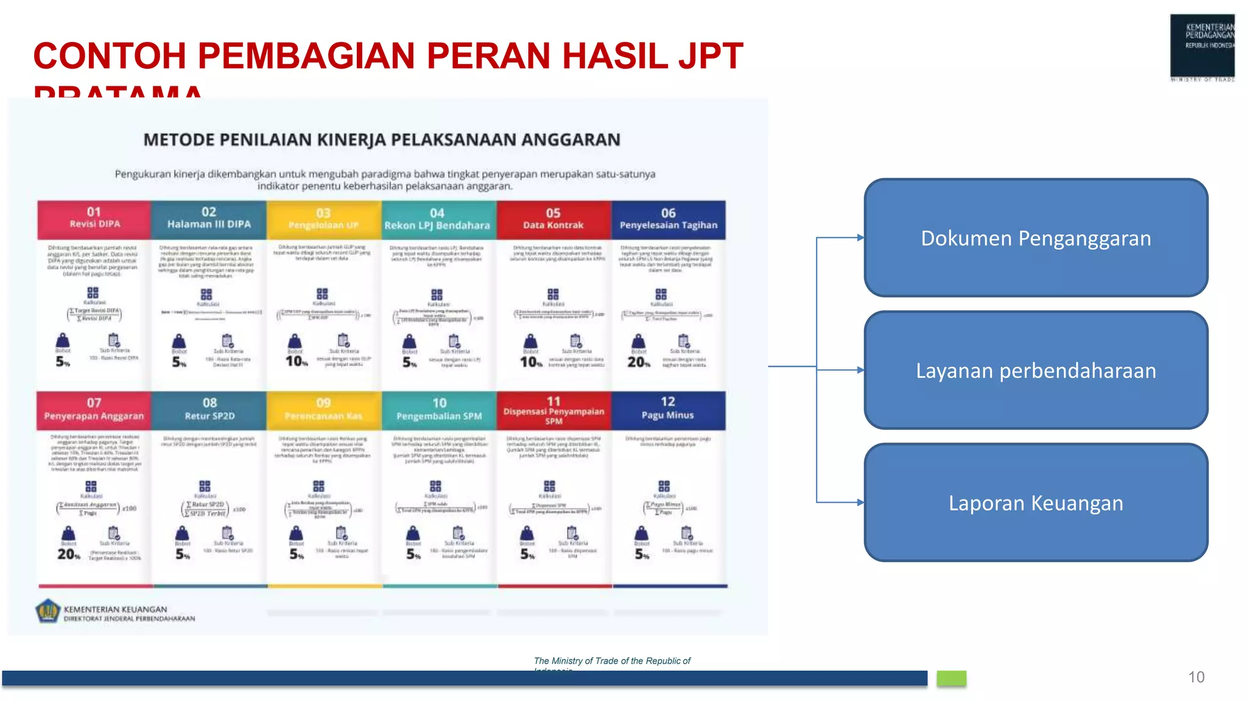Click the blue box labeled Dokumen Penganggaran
(x=1035, y=238)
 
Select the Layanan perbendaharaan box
(x=1035, y=370)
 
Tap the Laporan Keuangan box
(x=1035, y=503)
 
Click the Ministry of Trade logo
(x=1202, y=47)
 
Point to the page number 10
(x=1196, y=677)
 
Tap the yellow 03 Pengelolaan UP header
(x=323, y=219)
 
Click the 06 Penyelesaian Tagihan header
(x=668, y=219)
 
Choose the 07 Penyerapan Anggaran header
(x=94, y=410)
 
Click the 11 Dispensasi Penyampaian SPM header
(x=553, y=410)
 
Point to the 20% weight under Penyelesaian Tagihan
(x=638, y=362)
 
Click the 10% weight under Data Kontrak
(x=530, y=362)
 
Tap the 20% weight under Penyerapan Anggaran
(x=68, y=554)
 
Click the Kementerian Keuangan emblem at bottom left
(x=47, y=611)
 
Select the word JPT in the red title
(x=711, y=56)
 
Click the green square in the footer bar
(x=951, y=678)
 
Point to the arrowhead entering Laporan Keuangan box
(x=860, y=503)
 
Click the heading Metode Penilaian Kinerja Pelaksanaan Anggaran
(x=382, y=140)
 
